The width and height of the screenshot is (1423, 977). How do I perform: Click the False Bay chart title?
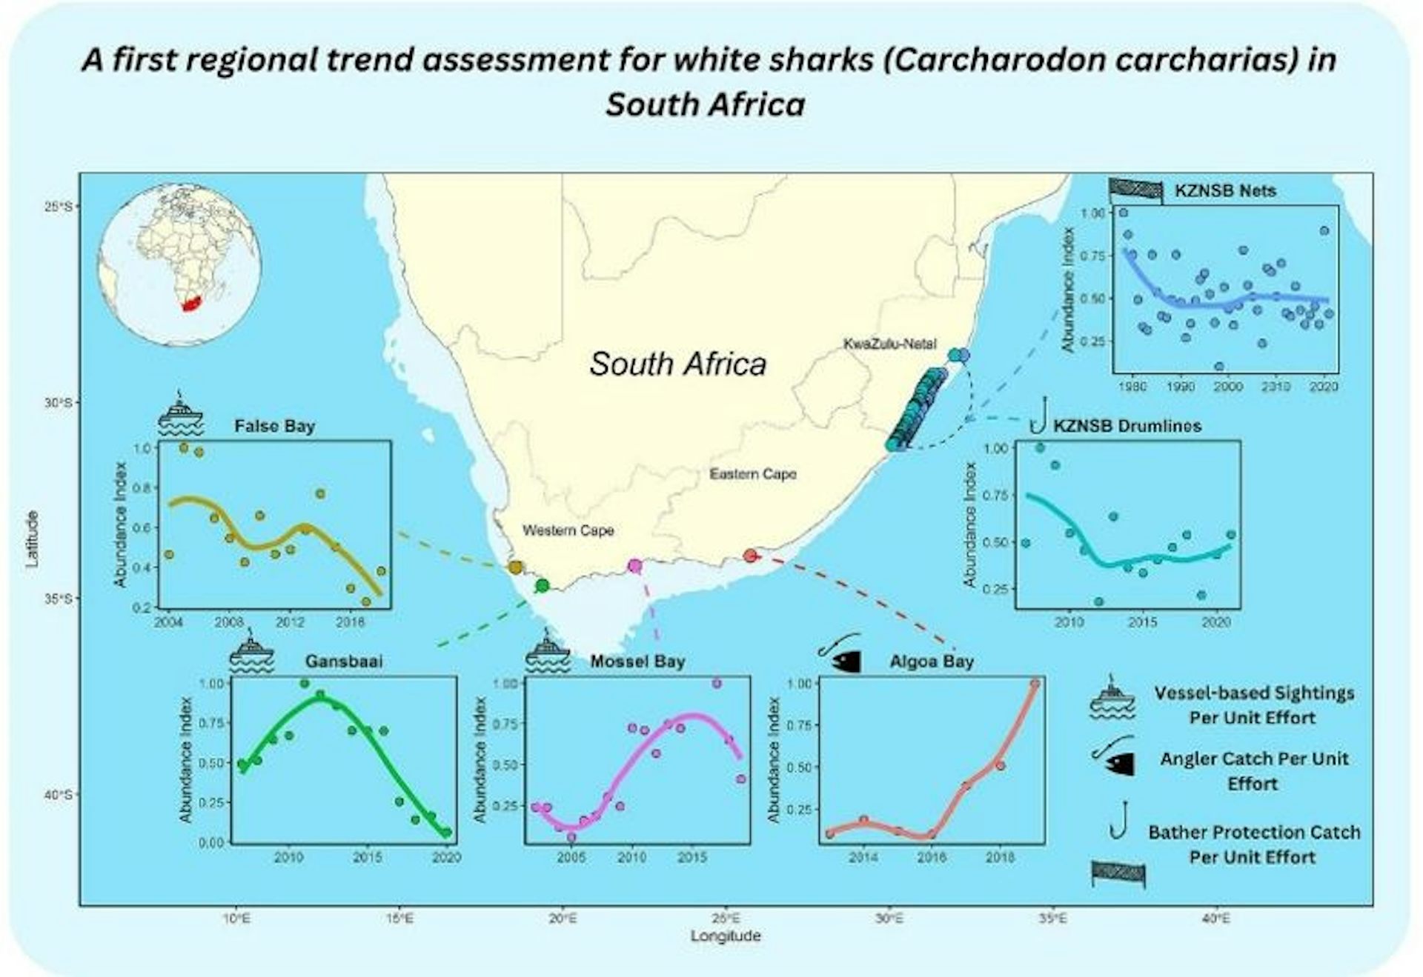[274, 427]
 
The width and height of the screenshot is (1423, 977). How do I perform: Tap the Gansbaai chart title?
[344, 661]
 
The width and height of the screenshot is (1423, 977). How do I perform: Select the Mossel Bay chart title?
[637, 661]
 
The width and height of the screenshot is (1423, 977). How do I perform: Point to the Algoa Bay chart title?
[932, 661]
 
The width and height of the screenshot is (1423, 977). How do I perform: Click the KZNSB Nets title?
[1225, 191]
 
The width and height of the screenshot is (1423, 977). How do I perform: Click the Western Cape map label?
[568, 530]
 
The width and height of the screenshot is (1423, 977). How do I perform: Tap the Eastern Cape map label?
[753, 474]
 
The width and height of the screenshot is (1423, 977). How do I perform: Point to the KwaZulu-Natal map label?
[889, 344]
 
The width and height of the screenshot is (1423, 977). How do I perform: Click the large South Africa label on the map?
[677, 364]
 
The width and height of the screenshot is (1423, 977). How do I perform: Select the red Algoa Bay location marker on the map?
[750, 556]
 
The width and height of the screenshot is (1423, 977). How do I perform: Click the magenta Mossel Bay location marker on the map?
[634, 566]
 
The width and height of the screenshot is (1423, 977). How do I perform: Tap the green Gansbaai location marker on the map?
[542, 586]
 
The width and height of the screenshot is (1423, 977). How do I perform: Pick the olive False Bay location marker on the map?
[515, 567]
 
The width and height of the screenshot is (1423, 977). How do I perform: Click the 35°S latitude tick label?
[59, 598]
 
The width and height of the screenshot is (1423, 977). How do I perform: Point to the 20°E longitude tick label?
[563, 919]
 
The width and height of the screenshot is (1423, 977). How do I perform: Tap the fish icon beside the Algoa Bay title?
[841, 653]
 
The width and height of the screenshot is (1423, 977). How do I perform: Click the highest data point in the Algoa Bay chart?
[1035, 684]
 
